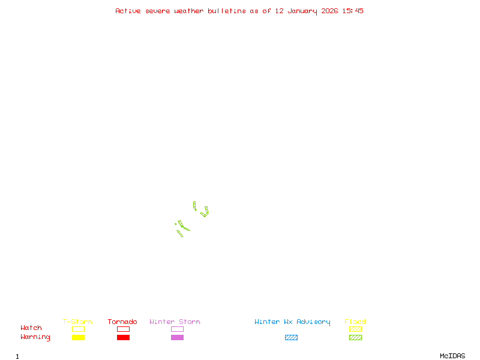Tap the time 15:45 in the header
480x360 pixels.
click(x=353, y=11)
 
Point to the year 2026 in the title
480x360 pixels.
click(x=330, y=11)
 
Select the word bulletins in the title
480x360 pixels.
click(x=227, y=11)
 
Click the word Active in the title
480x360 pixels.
click(x=128, y=11)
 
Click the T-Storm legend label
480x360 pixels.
click(x=77, y=322)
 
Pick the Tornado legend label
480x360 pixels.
click(x=122, y=322)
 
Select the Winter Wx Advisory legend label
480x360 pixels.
click(x=292, y=322)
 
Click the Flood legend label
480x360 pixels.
click(x=355, y=322)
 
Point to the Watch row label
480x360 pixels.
click(x=31, y=328)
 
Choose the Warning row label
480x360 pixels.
click(x=35, y=337)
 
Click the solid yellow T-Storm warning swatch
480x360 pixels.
click(x=78, y=338)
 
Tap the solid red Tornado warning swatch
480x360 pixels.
click(x=123, y=338)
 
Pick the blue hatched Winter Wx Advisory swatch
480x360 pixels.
click(x=291, y=338)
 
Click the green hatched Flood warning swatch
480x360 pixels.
click(x=355, y=338)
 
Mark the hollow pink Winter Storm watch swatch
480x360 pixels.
click(x=177, y=329)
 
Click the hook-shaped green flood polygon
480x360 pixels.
click(x=205, y=212)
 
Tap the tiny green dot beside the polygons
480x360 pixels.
click(x=175, y=224)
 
